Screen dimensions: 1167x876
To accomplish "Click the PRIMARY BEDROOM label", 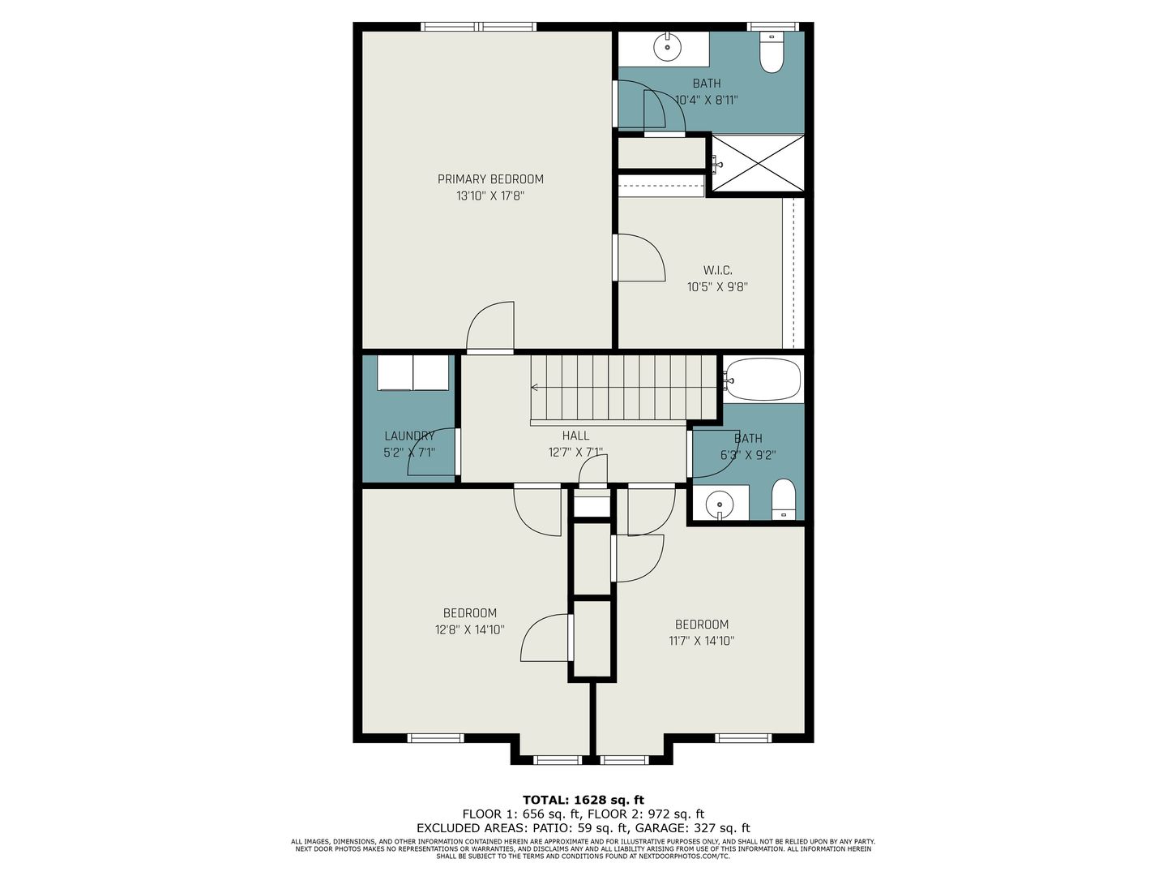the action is click(490, 179).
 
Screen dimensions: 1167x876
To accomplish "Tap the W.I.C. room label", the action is click(718, 271).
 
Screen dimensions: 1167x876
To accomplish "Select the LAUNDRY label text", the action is click(409, 436).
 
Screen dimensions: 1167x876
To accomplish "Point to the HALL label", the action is click(575, 436).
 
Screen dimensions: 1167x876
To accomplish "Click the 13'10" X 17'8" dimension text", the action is click(490, 196).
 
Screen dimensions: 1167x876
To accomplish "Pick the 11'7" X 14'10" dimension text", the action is click(702, 641).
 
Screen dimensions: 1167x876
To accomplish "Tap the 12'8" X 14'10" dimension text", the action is click(469, 629).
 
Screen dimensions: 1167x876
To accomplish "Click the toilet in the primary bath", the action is click(772, 53).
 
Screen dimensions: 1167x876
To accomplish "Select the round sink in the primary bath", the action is click(667, 47).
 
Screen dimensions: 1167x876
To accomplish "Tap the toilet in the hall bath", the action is click(783, 499).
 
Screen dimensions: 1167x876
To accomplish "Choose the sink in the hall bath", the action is click(720, 503).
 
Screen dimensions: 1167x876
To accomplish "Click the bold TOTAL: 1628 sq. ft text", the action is click(583, 800).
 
